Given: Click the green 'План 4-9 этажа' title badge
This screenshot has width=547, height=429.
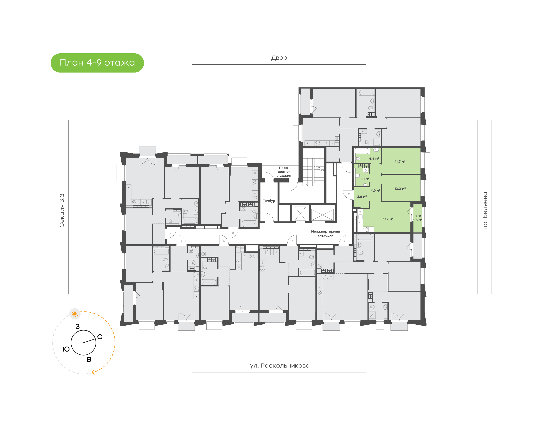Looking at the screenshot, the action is [97, 63].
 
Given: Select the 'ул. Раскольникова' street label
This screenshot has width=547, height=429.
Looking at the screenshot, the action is [280, 365].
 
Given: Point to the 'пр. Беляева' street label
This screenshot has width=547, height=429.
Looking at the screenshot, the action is [485, 211].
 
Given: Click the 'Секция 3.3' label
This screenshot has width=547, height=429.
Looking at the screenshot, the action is [62, 211].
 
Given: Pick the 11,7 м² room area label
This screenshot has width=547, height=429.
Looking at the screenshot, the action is [400, 162].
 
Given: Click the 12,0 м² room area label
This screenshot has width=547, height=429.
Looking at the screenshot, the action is [400, 189].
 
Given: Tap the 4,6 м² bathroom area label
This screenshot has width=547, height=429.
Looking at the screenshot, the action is [374, 159].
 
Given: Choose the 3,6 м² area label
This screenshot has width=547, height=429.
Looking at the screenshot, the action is [362, 197].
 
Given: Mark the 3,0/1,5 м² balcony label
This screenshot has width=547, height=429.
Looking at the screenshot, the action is [418, 218].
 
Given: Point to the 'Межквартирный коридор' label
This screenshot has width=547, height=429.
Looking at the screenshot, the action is [325, 233].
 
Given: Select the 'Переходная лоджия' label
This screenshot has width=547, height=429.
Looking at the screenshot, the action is [284, 172].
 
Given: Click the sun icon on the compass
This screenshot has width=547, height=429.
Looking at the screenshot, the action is [75, 314].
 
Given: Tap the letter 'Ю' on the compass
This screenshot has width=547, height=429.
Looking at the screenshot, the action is [66, 349].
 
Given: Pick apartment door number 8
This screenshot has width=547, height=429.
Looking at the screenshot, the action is [233, 233].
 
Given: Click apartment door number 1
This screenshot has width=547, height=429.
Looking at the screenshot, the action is [347, 167].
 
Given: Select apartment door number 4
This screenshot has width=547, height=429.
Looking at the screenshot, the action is [292, 241].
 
